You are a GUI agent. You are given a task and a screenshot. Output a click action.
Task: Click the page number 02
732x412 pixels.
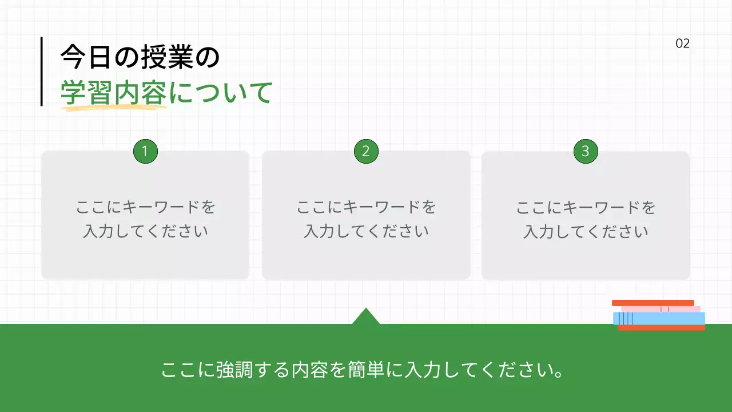point(683,43)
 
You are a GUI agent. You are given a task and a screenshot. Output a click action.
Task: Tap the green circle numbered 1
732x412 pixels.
point(145,152)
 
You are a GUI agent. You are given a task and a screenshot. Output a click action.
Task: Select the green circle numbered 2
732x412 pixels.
point(366,152)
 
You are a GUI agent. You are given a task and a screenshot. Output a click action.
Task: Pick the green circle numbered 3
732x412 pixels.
point(586,152)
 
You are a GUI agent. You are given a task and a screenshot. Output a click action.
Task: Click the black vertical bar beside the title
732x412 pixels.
point(42,72)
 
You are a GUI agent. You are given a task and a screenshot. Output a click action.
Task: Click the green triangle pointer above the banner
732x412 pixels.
point(366,317)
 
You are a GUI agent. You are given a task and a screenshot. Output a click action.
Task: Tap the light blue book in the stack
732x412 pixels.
point(659,318)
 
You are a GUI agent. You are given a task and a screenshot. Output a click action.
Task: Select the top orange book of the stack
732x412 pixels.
point(653,303)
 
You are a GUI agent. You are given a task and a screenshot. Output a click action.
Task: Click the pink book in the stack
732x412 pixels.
point(661,309)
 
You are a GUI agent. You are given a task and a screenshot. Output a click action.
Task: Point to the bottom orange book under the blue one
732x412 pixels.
point(662,328)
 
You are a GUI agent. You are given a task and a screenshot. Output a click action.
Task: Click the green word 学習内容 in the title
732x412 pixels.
point(114,93)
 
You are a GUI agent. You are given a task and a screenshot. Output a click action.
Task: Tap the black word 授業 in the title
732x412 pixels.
point(166,58)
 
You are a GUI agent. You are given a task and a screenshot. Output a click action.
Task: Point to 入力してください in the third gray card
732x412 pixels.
point(586,232)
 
